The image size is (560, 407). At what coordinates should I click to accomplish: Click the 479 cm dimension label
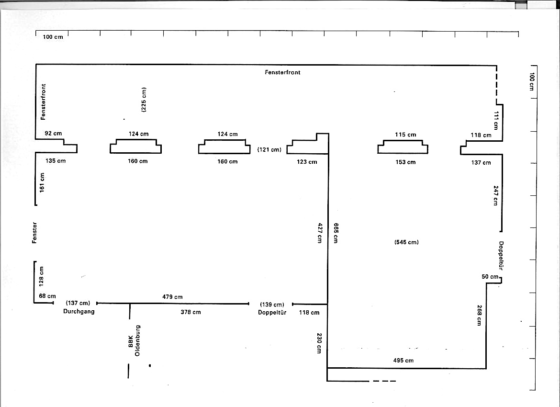tap(172, 296)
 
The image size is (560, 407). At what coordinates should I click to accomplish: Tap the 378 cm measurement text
tap(190, 312)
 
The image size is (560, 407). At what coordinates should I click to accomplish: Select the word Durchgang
tap(79, 311)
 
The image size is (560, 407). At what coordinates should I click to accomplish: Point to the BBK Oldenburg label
tap(134, 340)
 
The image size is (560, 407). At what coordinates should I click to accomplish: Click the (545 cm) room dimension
tap(406, 242)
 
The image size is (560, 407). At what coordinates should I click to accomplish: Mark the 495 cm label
tap(403, 361)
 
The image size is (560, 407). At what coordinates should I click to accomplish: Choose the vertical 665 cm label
tap(336, 233)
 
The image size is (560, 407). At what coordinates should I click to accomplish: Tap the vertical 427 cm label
tap(320, 233)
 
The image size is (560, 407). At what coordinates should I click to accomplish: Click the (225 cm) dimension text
tap(144, 100)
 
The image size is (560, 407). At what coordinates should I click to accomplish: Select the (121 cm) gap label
tap(269, 149)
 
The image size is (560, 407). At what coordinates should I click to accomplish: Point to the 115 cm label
tap(405, 135)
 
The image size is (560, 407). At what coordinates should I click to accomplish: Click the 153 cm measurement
tap(405, 162)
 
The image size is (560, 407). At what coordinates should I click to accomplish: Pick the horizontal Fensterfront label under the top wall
tap(282, 72)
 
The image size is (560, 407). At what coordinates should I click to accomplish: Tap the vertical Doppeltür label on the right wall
tap(501, 256)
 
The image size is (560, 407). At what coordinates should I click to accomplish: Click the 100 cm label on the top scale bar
tap(53, 37)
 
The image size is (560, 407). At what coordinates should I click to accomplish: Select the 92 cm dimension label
tap(53, 133)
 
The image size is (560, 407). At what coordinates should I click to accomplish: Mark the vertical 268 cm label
tap(479, 315)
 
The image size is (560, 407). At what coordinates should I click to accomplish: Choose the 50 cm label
tap(490, 277)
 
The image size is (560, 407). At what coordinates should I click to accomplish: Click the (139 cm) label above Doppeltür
tap(272, 305)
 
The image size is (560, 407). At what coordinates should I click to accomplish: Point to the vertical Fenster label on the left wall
tap(34, 233)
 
